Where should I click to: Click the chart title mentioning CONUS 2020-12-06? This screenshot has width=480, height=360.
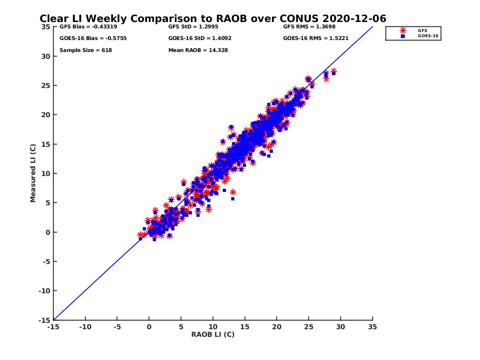pos(213,19)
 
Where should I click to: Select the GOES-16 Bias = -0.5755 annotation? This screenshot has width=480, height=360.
pos(88,38)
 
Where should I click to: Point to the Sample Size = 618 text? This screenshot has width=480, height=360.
pos(86,50)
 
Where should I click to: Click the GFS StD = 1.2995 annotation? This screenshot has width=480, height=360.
pos(194,27)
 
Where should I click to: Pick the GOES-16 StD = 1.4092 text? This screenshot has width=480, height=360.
pos(200,38)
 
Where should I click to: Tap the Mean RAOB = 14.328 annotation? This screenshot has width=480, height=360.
pos(198,50)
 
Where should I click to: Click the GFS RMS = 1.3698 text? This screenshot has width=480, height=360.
pos(309,27)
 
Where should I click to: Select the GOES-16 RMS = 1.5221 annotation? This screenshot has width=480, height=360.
pos(316,38)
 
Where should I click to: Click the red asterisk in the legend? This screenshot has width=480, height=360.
pos(403,30)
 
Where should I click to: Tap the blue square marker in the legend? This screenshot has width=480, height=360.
pos(403,36)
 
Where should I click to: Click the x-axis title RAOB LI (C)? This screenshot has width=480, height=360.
pos(213,335)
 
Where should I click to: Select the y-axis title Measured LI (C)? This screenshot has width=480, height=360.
pos(33,173)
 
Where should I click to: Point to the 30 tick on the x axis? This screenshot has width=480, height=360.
pos(340,327)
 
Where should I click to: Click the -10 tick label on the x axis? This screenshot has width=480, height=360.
pos(85,327)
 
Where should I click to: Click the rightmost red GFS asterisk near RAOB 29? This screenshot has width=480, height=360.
pos(334,71)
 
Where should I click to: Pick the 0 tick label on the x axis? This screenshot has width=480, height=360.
pos(149,327)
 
